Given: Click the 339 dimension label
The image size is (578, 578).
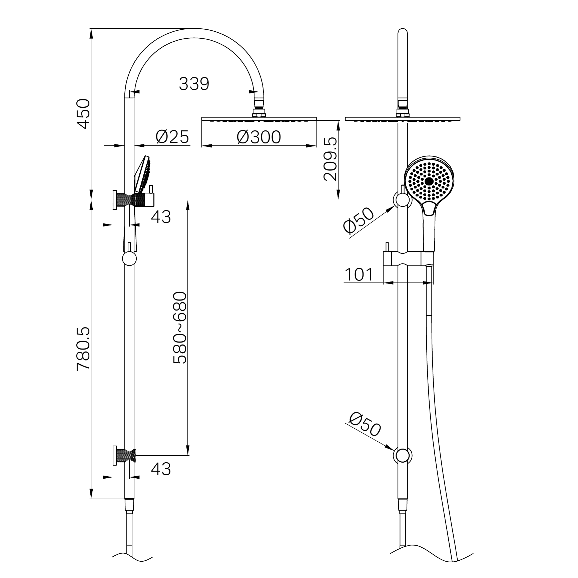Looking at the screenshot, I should point(194,84).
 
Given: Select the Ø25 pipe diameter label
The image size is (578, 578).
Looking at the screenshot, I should point(172,137).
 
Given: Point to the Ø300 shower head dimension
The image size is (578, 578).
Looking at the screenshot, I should point(259,137).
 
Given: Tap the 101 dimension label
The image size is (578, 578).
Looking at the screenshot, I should point(359,275).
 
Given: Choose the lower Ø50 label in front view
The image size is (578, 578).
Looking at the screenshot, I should point(365,425).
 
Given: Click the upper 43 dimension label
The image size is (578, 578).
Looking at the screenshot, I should point(161,217).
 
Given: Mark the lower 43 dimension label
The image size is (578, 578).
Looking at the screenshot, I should point(161,469).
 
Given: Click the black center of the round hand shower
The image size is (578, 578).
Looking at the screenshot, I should point(429,181).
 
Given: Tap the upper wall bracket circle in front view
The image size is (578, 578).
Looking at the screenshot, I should point(403,200).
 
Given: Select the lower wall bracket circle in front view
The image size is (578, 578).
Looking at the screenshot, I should point(403,456).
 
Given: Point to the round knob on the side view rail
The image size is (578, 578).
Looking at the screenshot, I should point(129,258).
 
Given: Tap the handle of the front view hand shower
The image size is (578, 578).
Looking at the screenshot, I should point(429,230).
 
